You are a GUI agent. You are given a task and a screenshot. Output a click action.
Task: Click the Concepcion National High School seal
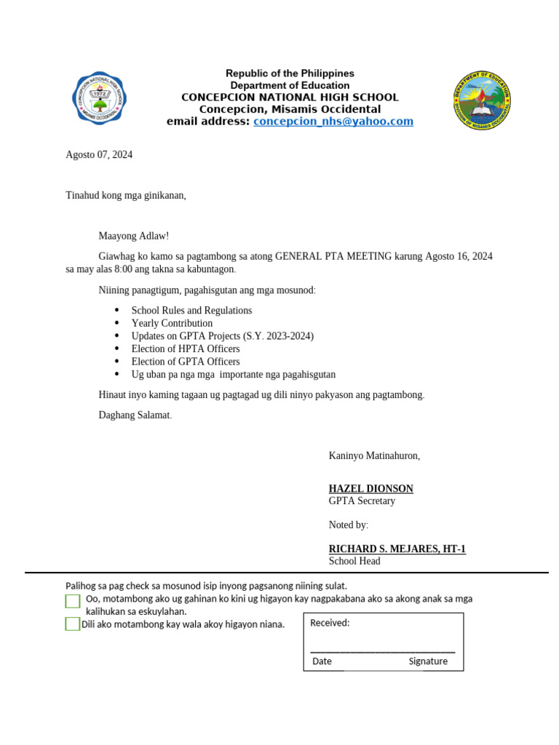point(100,100)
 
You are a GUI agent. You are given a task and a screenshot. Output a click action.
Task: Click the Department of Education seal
point(481,100)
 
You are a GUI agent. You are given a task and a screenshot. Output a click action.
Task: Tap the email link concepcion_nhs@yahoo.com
point(333,121)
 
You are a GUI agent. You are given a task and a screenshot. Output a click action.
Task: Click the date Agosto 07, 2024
point(99,155)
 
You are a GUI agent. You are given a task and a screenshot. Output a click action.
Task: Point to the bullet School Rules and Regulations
point(191,311)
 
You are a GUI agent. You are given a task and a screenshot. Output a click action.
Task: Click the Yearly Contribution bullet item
point(172,323)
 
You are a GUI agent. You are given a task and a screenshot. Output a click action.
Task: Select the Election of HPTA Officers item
point(185,348)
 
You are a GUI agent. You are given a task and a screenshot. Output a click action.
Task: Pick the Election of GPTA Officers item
point(185,362)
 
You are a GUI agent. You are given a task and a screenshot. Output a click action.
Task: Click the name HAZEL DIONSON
point(370,489)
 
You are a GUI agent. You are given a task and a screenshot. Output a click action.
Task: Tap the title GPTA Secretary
point(362,501)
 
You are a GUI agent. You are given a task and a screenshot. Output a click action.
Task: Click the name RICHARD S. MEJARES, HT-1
point(397,549)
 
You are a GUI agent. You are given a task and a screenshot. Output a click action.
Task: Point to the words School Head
point(354,562)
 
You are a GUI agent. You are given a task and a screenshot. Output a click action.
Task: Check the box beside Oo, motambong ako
point(73,601)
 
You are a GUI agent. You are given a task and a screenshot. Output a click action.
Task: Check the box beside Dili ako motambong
point(72,624)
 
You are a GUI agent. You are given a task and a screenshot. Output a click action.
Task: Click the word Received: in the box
point(330,623)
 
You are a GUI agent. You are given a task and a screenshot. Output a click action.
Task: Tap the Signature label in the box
point(428,661)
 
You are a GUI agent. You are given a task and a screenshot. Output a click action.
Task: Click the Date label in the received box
point(322,661)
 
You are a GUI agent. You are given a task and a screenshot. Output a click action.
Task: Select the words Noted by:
point(349,525)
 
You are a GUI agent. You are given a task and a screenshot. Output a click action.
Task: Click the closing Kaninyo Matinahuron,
point(374,456)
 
